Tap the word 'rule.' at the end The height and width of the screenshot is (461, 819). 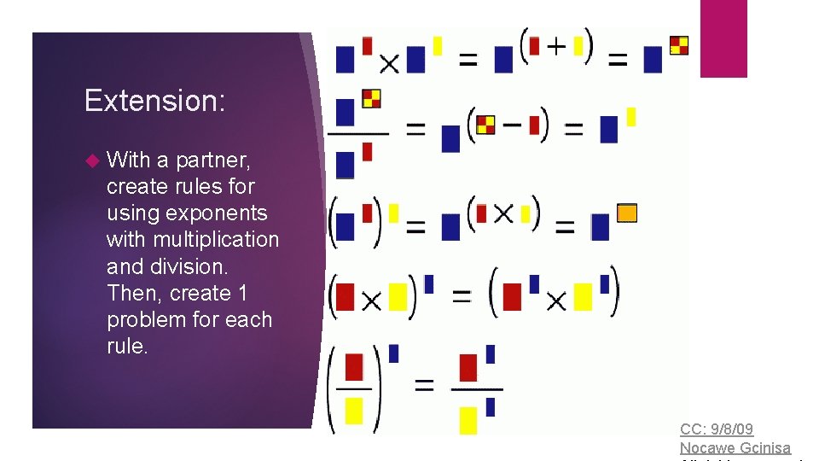(127, 346)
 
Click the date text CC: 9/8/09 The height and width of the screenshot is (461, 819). (716, 429)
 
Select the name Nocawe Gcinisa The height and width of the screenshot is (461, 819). (735, 447)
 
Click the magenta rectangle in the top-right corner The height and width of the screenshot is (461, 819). (723, 38)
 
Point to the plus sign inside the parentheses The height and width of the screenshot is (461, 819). (555, 46)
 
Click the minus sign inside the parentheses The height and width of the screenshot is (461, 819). (512, 125)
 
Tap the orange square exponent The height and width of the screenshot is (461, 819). (627, 213)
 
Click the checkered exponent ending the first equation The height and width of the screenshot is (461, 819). (679, 45)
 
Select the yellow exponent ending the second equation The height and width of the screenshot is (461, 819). (631, 116)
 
